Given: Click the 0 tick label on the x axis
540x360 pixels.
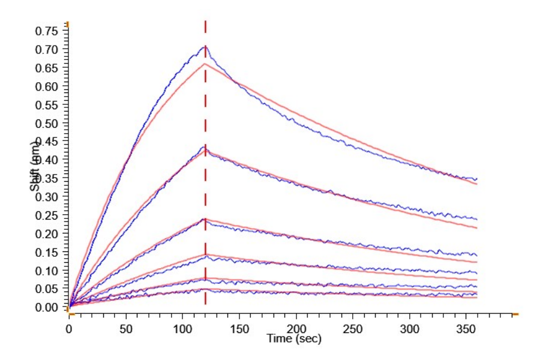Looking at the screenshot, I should pyautogui.click(x=69, y=329).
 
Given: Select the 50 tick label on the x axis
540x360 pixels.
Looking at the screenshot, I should pyautogui.click(x=125, y=329).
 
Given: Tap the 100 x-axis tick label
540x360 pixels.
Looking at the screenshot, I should pyautogui.click(x=182, y=329).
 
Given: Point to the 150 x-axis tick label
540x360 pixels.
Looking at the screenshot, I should pyautogui.click(x=239, y=329).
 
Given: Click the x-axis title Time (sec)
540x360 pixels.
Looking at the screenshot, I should pyautogui.click(x=295, y=339).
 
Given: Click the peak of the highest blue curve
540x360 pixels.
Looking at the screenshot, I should pyautogui.click(x=205, y=46).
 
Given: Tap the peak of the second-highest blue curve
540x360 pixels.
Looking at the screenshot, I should pyautogui.click(x=205, y=146).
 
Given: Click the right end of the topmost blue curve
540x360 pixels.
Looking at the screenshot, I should pyautogui.click(x=477, y=179).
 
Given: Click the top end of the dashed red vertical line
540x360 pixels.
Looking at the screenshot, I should pyautogui.click(x=205, y=22).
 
